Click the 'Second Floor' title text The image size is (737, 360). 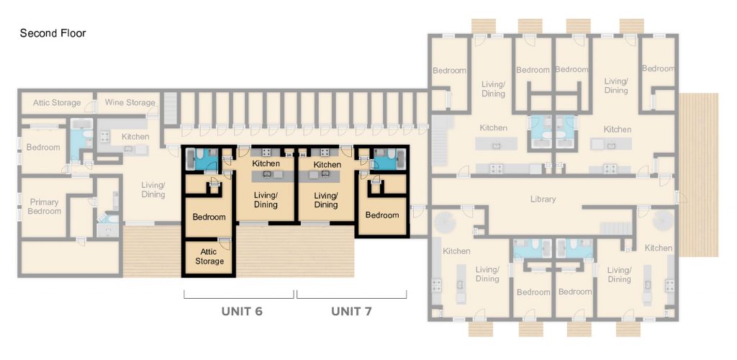click(x=53, y=33)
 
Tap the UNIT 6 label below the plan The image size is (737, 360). click(x=241, y=312)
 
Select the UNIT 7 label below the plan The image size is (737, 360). click(x=351, y=312)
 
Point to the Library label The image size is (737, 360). click(x=543, y=199)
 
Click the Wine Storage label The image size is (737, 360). click(x=130, y=103)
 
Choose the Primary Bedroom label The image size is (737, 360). click(x=44, y=207)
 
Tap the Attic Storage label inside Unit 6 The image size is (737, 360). click(x=208, y=256)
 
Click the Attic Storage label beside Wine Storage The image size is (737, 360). click(x=57, y=103)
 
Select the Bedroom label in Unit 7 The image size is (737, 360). click(x=382, y=215)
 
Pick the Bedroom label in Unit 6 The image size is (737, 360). click(x=209, y=217)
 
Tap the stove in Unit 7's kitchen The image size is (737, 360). click(x=321, y=153)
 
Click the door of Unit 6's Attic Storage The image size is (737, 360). click(x=225, y=241)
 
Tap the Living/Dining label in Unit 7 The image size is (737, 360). click(x=326, y=200)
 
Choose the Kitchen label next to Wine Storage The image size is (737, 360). click(x=135, y=137)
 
